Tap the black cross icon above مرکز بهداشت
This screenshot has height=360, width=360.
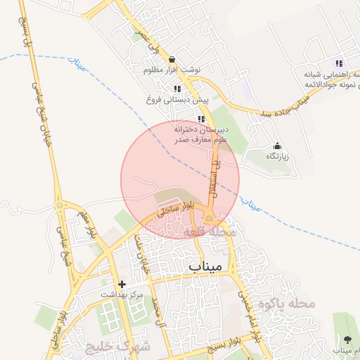(x=122, y=285)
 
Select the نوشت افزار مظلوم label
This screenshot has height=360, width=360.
(x=172, y=70)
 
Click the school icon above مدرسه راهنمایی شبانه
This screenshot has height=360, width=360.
(x=339, y=63)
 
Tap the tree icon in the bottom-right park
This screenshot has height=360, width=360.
(x=346, y=338)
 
